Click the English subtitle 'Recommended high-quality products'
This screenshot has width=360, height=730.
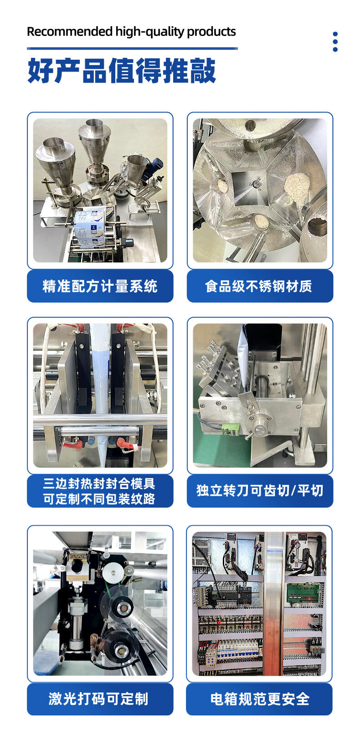point(131,31)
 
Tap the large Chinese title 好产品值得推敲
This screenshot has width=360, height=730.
point(121,71)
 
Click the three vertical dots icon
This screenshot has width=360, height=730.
point(335,41)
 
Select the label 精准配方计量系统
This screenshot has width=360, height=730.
point(100,286)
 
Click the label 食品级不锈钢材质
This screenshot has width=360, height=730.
point(259,286)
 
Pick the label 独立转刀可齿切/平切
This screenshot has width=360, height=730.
point(259,491)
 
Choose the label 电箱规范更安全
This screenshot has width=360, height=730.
point(259,699)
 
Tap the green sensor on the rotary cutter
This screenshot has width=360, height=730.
point(230,430)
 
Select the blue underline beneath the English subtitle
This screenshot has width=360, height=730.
point(132,48)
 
